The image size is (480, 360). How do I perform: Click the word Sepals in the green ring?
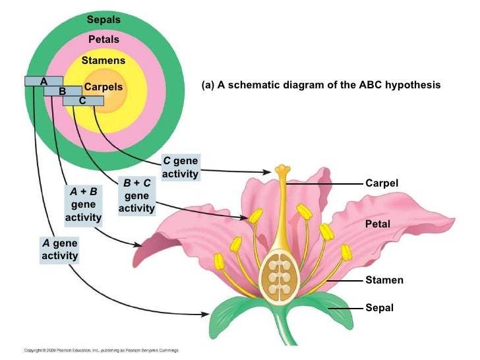pyautogui.click(x=104, y=20)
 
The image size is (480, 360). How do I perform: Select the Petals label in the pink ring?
pyautogui.click(x=104, y=40)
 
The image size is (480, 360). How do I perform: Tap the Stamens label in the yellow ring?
pyautogui.click(x=103, y=61)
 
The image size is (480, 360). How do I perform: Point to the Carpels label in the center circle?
pyautogui.click(x=104, y=88)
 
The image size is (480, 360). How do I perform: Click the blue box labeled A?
pyautogui.click(x=44, y=81)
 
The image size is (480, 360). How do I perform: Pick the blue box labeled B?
pyautogui.click(x=63, y=91)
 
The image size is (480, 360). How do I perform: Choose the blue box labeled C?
pyautogui.click(x=82, y=101)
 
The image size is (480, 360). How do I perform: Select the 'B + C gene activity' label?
pyautogui.click(x=136, y=196)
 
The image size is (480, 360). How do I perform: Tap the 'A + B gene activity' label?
pyautogui.click(x=84, y=204)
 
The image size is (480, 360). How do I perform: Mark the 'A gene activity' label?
pyautogui.click(x=59, y=249)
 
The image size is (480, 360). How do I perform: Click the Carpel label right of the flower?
pyautogui.click(x=382, y=182)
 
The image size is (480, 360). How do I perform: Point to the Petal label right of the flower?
pyautogui.click(x=378, y=225)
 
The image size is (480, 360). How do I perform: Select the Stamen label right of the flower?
pyautogui.click(x=384, y=280)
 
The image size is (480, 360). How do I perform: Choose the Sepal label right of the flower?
pyautogui.click(x=379, y=307)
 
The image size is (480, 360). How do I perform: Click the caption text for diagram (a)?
pyautogui.click(x=321, y=86)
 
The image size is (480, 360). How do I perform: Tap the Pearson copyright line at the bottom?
pyautogui.click(x=102, y=350)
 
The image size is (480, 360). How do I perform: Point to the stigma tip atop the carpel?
pyautogui.click(x=283, y=170)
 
